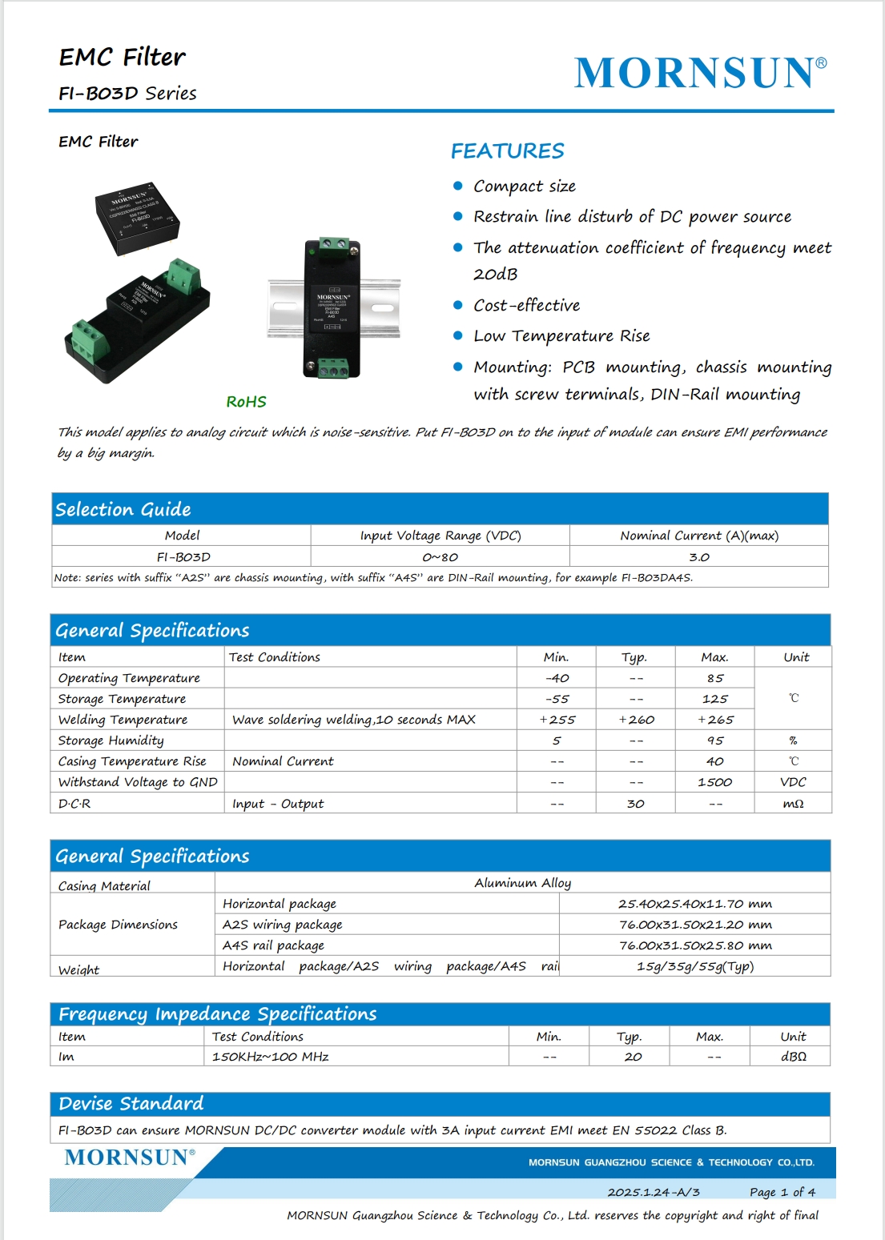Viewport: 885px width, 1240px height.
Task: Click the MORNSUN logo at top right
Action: click(700, 73)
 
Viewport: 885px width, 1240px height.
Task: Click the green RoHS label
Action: click(246, 402)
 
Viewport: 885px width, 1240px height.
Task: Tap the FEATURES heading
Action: click(507, 151)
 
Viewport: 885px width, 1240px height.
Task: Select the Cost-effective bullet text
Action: click(526, 306)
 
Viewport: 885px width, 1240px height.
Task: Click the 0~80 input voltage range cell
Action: click(440, 557)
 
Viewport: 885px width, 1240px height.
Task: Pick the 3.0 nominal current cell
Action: click(698, 557)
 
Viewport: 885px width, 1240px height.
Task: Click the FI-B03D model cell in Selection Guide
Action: click(183, 557)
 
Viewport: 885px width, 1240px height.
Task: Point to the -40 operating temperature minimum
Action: click(557, 678)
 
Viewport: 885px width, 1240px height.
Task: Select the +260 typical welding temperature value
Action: click(636, 720)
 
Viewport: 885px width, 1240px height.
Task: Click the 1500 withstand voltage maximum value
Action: click(714, 782)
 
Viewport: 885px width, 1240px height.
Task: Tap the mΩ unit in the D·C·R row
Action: click(793, 804)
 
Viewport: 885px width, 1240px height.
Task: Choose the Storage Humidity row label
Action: click(111, 740)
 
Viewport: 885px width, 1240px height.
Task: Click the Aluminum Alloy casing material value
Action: click(522, 883)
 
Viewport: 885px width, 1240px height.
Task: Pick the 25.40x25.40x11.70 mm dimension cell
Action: click(694, 904)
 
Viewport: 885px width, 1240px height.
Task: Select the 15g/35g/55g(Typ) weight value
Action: click(694, 966)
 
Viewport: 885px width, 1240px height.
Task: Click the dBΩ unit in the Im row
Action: click(793, 1057)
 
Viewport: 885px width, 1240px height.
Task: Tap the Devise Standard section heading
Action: click(131, 1104)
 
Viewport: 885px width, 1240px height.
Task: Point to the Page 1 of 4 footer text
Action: click(782, 1192)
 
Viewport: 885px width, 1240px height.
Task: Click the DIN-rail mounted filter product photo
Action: click(332, 307)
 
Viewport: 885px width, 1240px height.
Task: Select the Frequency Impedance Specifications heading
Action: click(217, 1014)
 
